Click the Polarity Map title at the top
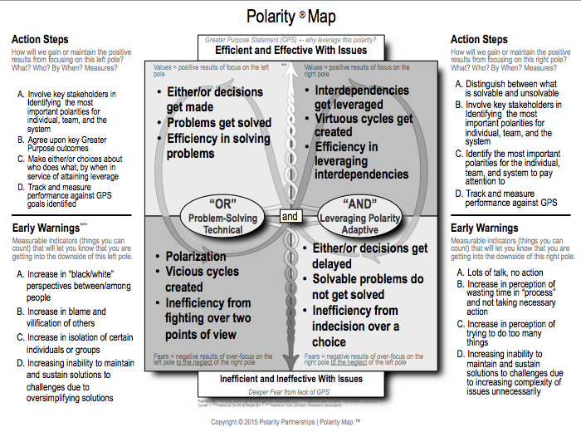pos(290,16)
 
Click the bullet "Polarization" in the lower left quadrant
pos(196,257)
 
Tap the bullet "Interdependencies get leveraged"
pos(362,97)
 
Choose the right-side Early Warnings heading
pos(486,227)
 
